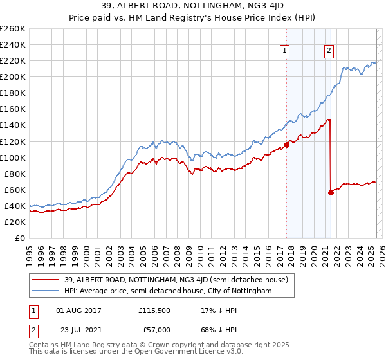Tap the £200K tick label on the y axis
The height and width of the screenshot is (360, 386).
pyautogui.click(x=13, y=76)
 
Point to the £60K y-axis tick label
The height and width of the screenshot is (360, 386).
pyautogui.click(x=15, y=190)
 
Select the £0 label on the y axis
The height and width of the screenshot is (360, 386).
pyautogui.click(x=21, y=238)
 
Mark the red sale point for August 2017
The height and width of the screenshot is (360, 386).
pyautogui.click(x=286, y=145)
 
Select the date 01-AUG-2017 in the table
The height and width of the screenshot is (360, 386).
pyautogui.click(x=79, y=310)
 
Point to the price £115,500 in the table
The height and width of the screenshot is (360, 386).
pyautogui.click(x=154, y=310)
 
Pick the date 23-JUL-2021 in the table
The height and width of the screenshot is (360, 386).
pyautogui.click(x=79, y=330)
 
